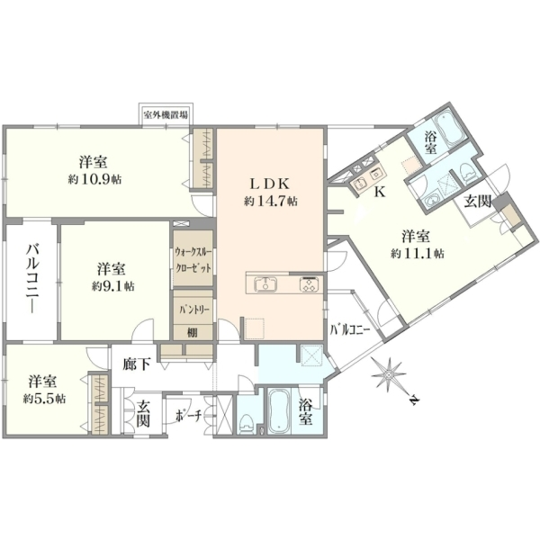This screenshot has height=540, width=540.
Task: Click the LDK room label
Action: point(269,184)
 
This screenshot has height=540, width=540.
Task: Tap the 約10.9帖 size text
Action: point(94,179)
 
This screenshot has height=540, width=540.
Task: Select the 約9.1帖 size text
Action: point(113,286)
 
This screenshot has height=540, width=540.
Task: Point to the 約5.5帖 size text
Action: point(44,399)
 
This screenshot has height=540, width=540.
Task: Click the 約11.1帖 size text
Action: point(418,254)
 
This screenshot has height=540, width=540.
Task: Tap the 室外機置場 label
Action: point(166,114)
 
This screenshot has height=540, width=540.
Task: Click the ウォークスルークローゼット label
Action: point(193,260)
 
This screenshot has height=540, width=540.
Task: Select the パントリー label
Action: point(193,310)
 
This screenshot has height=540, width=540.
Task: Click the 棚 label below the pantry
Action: point(193,332)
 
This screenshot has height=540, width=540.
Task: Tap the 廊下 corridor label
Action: point(137,364)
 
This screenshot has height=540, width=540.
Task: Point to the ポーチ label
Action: point(188,416)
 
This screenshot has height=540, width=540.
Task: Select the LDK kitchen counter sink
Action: point(265,284)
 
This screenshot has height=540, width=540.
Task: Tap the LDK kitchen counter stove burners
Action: point(309,284)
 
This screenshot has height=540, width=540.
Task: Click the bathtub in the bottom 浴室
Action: point(279,411)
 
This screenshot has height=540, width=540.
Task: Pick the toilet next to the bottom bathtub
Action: point(246,423)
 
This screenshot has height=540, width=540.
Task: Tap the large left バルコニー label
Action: point(33,279)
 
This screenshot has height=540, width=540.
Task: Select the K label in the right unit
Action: point(380,193)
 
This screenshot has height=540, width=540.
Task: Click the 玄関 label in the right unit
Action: point(477,202)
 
